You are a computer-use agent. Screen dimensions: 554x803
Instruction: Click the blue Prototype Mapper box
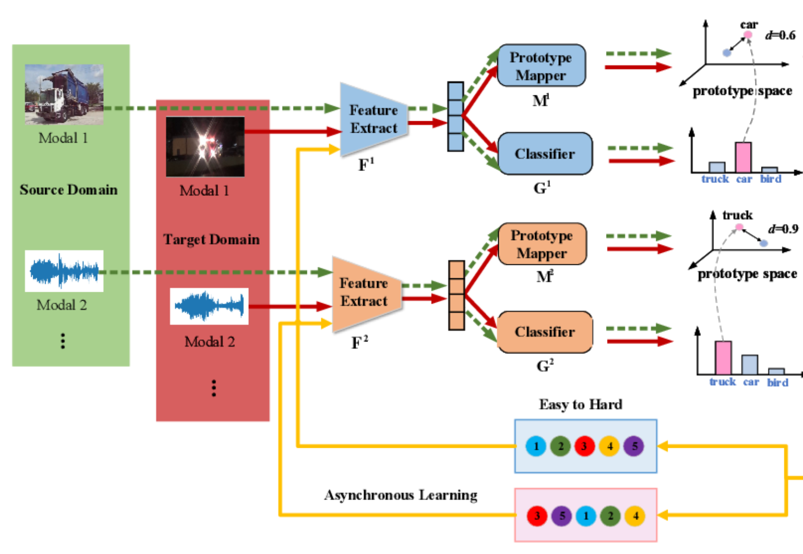click(541, 65)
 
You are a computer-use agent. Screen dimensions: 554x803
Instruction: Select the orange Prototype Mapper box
click(542, 244)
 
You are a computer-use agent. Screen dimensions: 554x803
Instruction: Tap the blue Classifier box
click(544, 153)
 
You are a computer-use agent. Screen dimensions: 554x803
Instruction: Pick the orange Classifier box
click(544, 332)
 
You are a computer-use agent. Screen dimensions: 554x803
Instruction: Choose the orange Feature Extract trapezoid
click(365, 292)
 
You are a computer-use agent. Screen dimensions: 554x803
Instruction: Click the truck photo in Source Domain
click(64, 94)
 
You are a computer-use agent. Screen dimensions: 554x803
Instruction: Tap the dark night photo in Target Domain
click(205, 147)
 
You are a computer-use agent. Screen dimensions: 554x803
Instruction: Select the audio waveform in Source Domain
click(64, 271)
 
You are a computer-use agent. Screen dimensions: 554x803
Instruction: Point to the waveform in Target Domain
click(209, 306)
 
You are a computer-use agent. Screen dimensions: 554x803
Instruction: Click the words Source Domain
click(68, 190)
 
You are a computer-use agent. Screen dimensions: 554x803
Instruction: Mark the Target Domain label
click(212, 239)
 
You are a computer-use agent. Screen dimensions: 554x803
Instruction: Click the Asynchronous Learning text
click(401, 495)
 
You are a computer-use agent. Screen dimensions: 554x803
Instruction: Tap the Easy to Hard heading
click(581, 404)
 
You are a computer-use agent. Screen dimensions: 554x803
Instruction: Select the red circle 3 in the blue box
click(584, 446)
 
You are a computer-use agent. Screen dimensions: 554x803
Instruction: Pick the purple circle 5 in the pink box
click(561, 516)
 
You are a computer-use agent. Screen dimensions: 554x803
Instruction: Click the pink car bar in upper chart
click(743, 158)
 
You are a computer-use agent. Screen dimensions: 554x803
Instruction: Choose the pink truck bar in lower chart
click(723, 358)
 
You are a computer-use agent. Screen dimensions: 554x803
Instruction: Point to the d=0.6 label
click(780, 35)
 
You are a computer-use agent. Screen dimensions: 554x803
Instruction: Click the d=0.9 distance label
click(783, 229)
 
